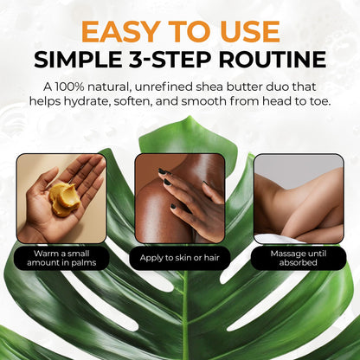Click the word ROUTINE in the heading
[273, 60]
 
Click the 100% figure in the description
[69, 87]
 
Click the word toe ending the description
[319, 101]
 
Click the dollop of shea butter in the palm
[64, 199]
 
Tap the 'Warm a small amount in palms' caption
[61, 258]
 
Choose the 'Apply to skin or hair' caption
[180, 258]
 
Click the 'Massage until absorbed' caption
[299, 258]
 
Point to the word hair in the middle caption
[212, 257]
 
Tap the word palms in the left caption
[85, 263]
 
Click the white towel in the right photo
[277, 239]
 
